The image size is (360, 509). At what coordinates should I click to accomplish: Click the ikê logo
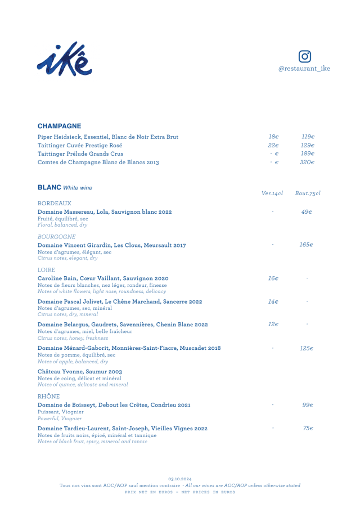tap(65, 58)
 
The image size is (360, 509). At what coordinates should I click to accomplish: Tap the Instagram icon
tap(304, 57)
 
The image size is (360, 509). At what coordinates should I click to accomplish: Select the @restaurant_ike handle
tap(304, 69)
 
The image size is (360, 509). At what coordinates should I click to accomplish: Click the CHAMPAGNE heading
tap(60, 126)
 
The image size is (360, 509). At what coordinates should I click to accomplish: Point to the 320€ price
tap(307, 163)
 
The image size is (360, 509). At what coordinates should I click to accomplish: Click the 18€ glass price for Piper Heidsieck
tap(274, 137)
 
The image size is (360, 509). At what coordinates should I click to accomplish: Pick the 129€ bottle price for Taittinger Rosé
tap(307, 145)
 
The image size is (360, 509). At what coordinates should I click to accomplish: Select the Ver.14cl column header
tap(273, 193)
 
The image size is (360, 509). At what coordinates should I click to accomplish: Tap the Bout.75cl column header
tap(307, 193)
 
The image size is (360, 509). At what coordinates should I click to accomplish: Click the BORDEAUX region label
tap(55, 203)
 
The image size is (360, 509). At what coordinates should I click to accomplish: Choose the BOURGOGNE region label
tap(57, 237)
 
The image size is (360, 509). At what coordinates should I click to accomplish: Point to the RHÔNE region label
tap(49, 397)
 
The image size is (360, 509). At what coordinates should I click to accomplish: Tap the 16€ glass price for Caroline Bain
tap(273, 278)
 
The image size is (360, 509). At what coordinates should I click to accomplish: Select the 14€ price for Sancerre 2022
tap(273, 302)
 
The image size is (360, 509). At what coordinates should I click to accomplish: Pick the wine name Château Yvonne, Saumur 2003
tap(79, 372)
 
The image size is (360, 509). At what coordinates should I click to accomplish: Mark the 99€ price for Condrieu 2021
tap(307, 405)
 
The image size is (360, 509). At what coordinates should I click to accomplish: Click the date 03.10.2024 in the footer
tap(179, 479)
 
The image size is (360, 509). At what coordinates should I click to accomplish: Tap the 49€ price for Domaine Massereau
tap(307, 212)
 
